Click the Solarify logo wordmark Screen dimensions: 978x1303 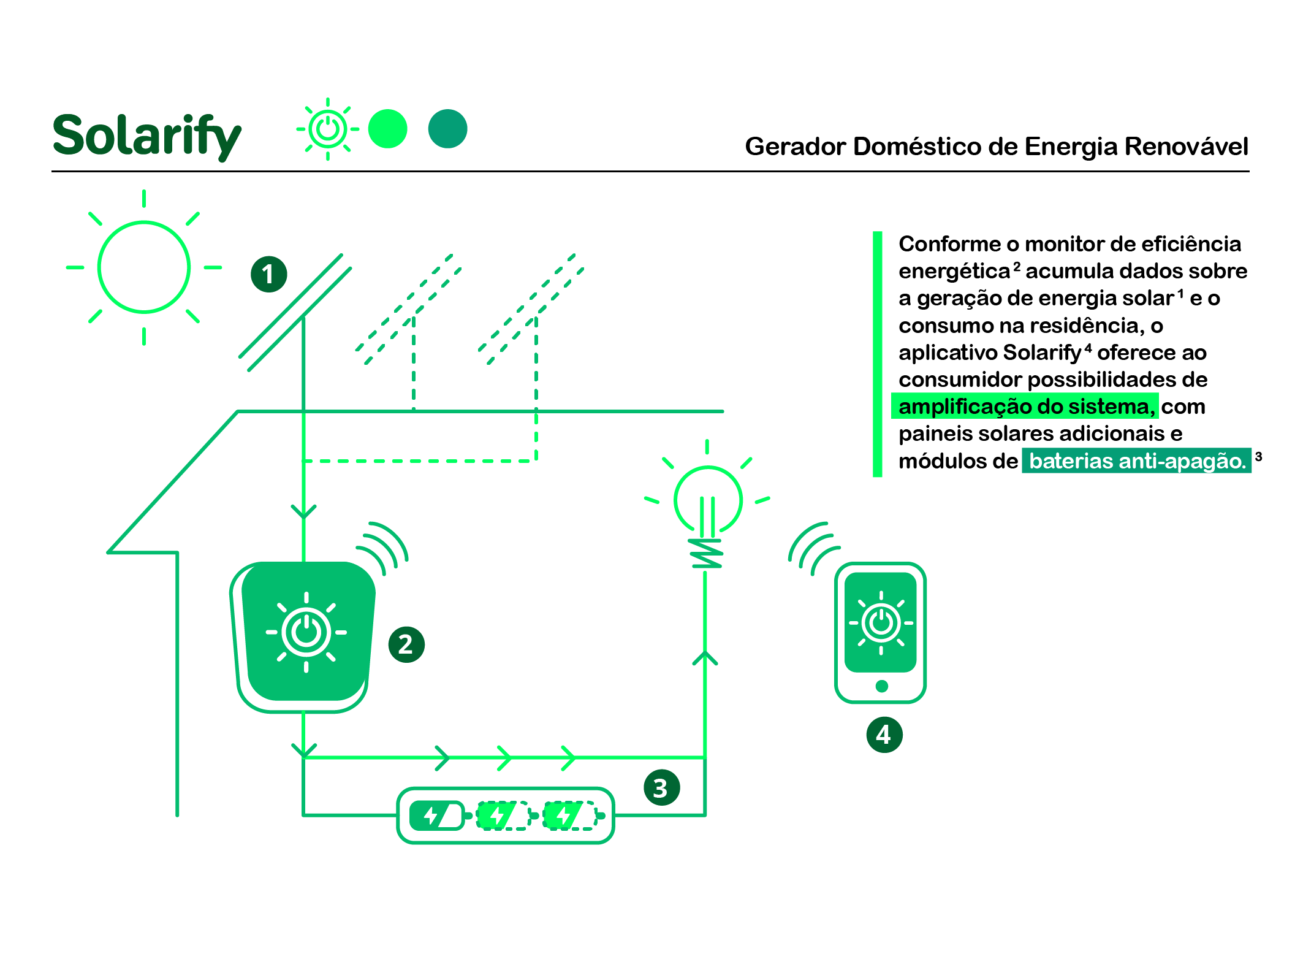(x=146, y=136)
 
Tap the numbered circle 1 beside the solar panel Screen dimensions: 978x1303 (x=268, y=274)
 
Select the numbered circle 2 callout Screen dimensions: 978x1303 (x=406, y=644)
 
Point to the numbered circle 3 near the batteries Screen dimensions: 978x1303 (x=661, y=788)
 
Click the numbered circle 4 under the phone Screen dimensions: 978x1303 (x=884, y=735)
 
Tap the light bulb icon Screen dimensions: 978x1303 (x=707, y=503)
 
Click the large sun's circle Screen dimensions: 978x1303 (x=144, y=267)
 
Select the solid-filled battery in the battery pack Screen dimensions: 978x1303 (x=436, y=816)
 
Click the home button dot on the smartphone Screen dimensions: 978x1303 (x=881, y=686)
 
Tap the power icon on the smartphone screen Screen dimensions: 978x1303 (x=881, y=623)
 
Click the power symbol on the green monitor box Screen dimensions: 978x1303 (x=306, y=632)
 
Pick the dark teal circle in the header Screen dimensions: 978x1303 (x=447, y=129)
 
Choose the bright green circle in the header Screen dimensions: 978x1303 (x=387, y=129)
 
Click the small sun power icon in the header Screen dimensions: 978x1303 (x=328, y=129)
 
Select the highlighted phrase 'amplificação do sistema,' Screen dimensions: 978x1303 (x=1025, y=407)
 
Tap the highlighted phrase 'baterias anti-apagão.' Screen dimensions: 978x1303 (x=1137, y=460)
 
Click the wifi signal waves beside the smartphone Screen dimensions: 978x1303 (x=812, y=548)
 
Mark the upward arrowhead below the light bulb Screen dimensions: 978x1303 (x=705, y=658)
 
